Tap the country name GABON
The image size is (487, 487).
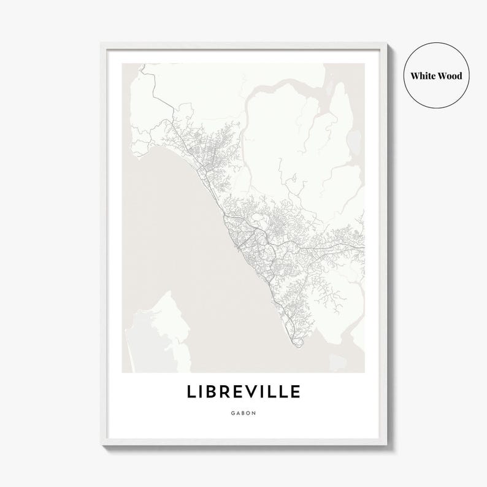[243, 413]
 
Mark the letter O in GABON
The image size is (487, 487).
[249, 413]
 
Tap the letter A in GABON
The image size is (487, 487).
[238, 413]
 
